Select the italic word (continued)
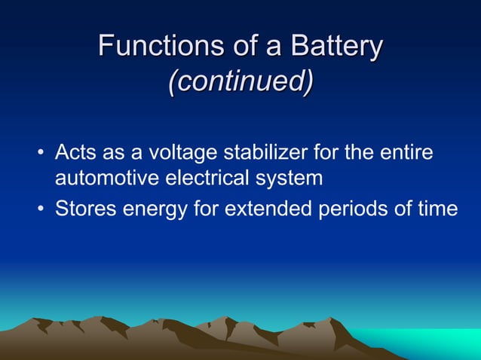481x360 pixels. (x=240, y=82)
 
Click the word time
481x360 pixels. (x=439, y=207)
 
